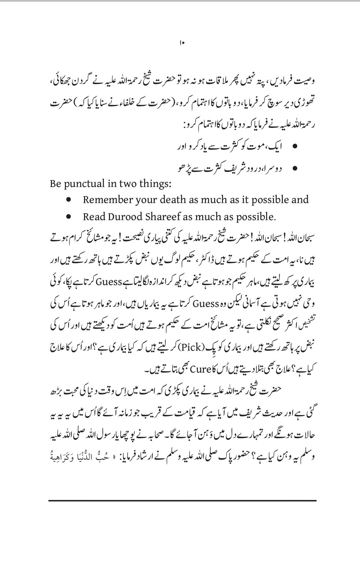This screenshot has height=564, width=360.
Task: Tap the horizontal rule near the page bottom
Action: (182, 501)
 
